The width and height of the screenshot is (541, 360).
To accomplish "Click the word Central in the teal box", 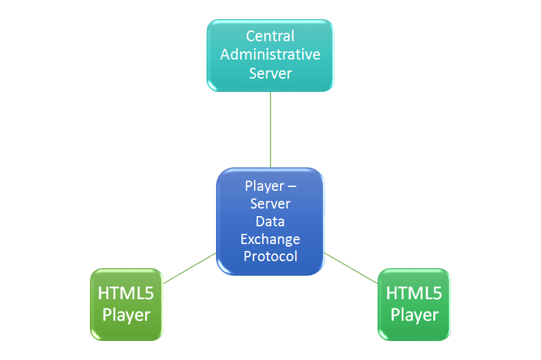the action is (270, 36).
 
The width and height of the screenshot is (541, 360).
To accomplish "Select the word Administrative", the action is (270, 55).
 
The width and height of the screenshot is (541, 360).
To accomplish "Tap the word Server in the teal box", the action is (270, 74).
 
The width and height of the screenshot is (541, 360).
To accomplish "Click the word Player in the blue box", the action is (265, 186).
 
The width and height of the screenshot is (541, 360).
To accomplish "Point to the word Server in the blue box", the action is (270, 203).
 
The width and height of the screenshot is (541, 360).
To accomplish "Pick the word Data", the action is (270, 221).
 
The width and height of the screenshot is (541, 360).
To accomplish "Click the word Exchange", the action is (270, 240).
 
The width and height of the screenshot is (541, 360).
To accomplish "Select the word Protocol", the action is (270, 257).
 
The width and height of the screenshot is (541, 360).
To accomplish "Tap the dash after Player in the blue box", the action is (292, 187).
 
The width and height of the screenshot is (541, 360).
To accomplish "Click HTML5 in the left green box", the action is (126, 293).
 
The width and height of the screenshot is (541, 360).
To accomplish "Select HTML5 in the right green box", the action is (414, 293).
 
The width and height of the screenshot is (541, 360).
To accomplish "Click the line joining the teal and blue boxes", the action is (270, 130).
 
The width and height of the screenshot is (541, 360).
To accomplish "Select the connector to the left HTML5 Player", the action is (190, 268).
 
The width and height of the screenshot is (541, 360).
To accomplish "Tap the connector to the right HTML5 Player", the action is (351, 268).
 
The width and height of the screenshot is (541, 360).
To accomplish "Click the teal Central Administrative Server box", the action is (270, 56).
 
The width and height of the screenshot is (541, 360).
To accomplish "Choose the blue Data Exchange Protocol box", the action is (270, 222).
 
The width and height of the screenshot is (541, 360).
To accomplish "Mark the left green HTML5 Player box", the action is (126, 304).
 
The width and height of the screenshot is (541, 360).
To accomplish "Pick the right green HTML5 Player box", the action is (414, 304).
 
